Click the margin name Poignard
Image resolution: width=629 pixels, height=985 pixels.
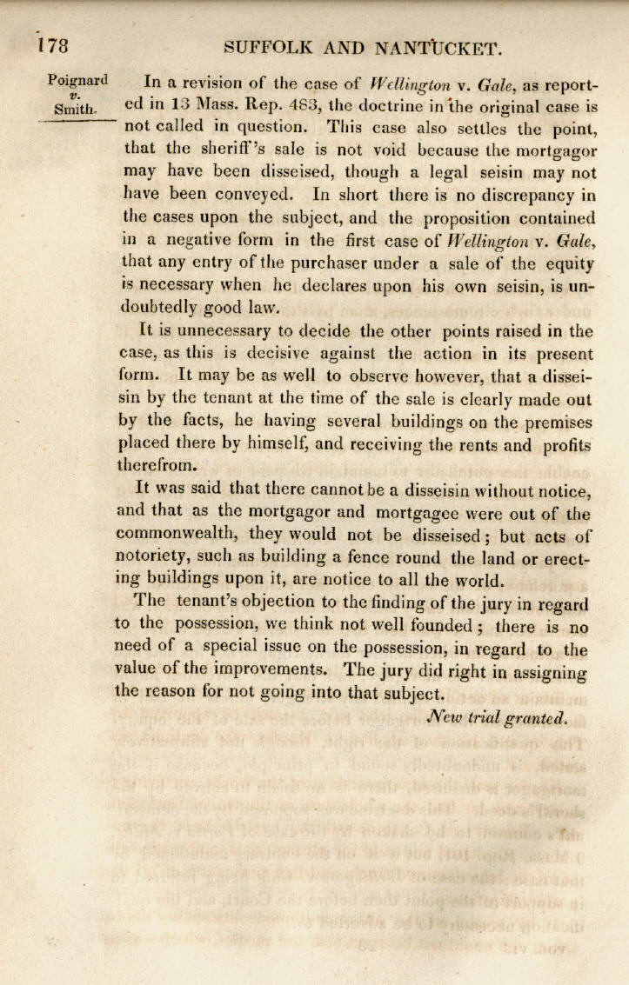point(78,81)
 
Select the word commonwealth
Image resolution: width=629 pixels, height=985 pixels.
point(179,533)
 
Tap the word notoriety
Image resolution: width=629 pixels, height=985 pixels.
point(151,556)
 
